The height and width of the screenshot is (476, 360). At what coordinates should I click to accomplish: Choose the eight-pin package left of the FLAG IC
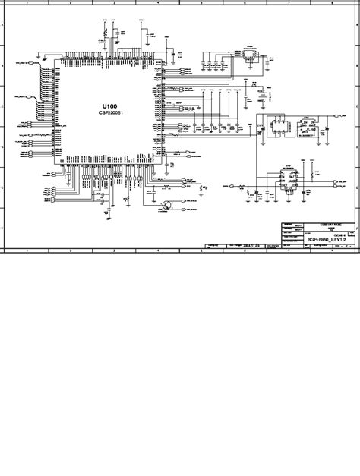[279, 127]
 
